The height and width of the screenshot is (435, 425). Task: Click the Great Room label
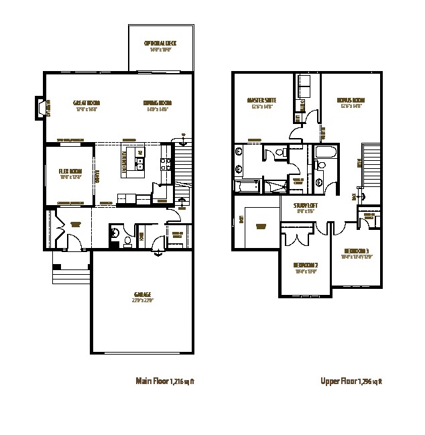[x=86, y=105]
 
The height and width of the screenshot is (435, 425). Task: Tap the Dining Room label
[x=158, y=105]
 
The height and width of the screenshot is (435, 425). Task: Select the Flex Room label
[x=70, y=174]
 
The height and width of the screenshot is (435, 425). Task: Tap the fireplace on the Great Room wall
[x=42, y=109]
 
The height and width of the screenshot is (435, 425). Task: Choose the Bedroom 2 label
[x=306, y=267]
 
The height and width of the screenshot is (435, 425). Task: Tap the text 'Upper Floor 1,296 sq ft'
[x=351, y=382]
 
